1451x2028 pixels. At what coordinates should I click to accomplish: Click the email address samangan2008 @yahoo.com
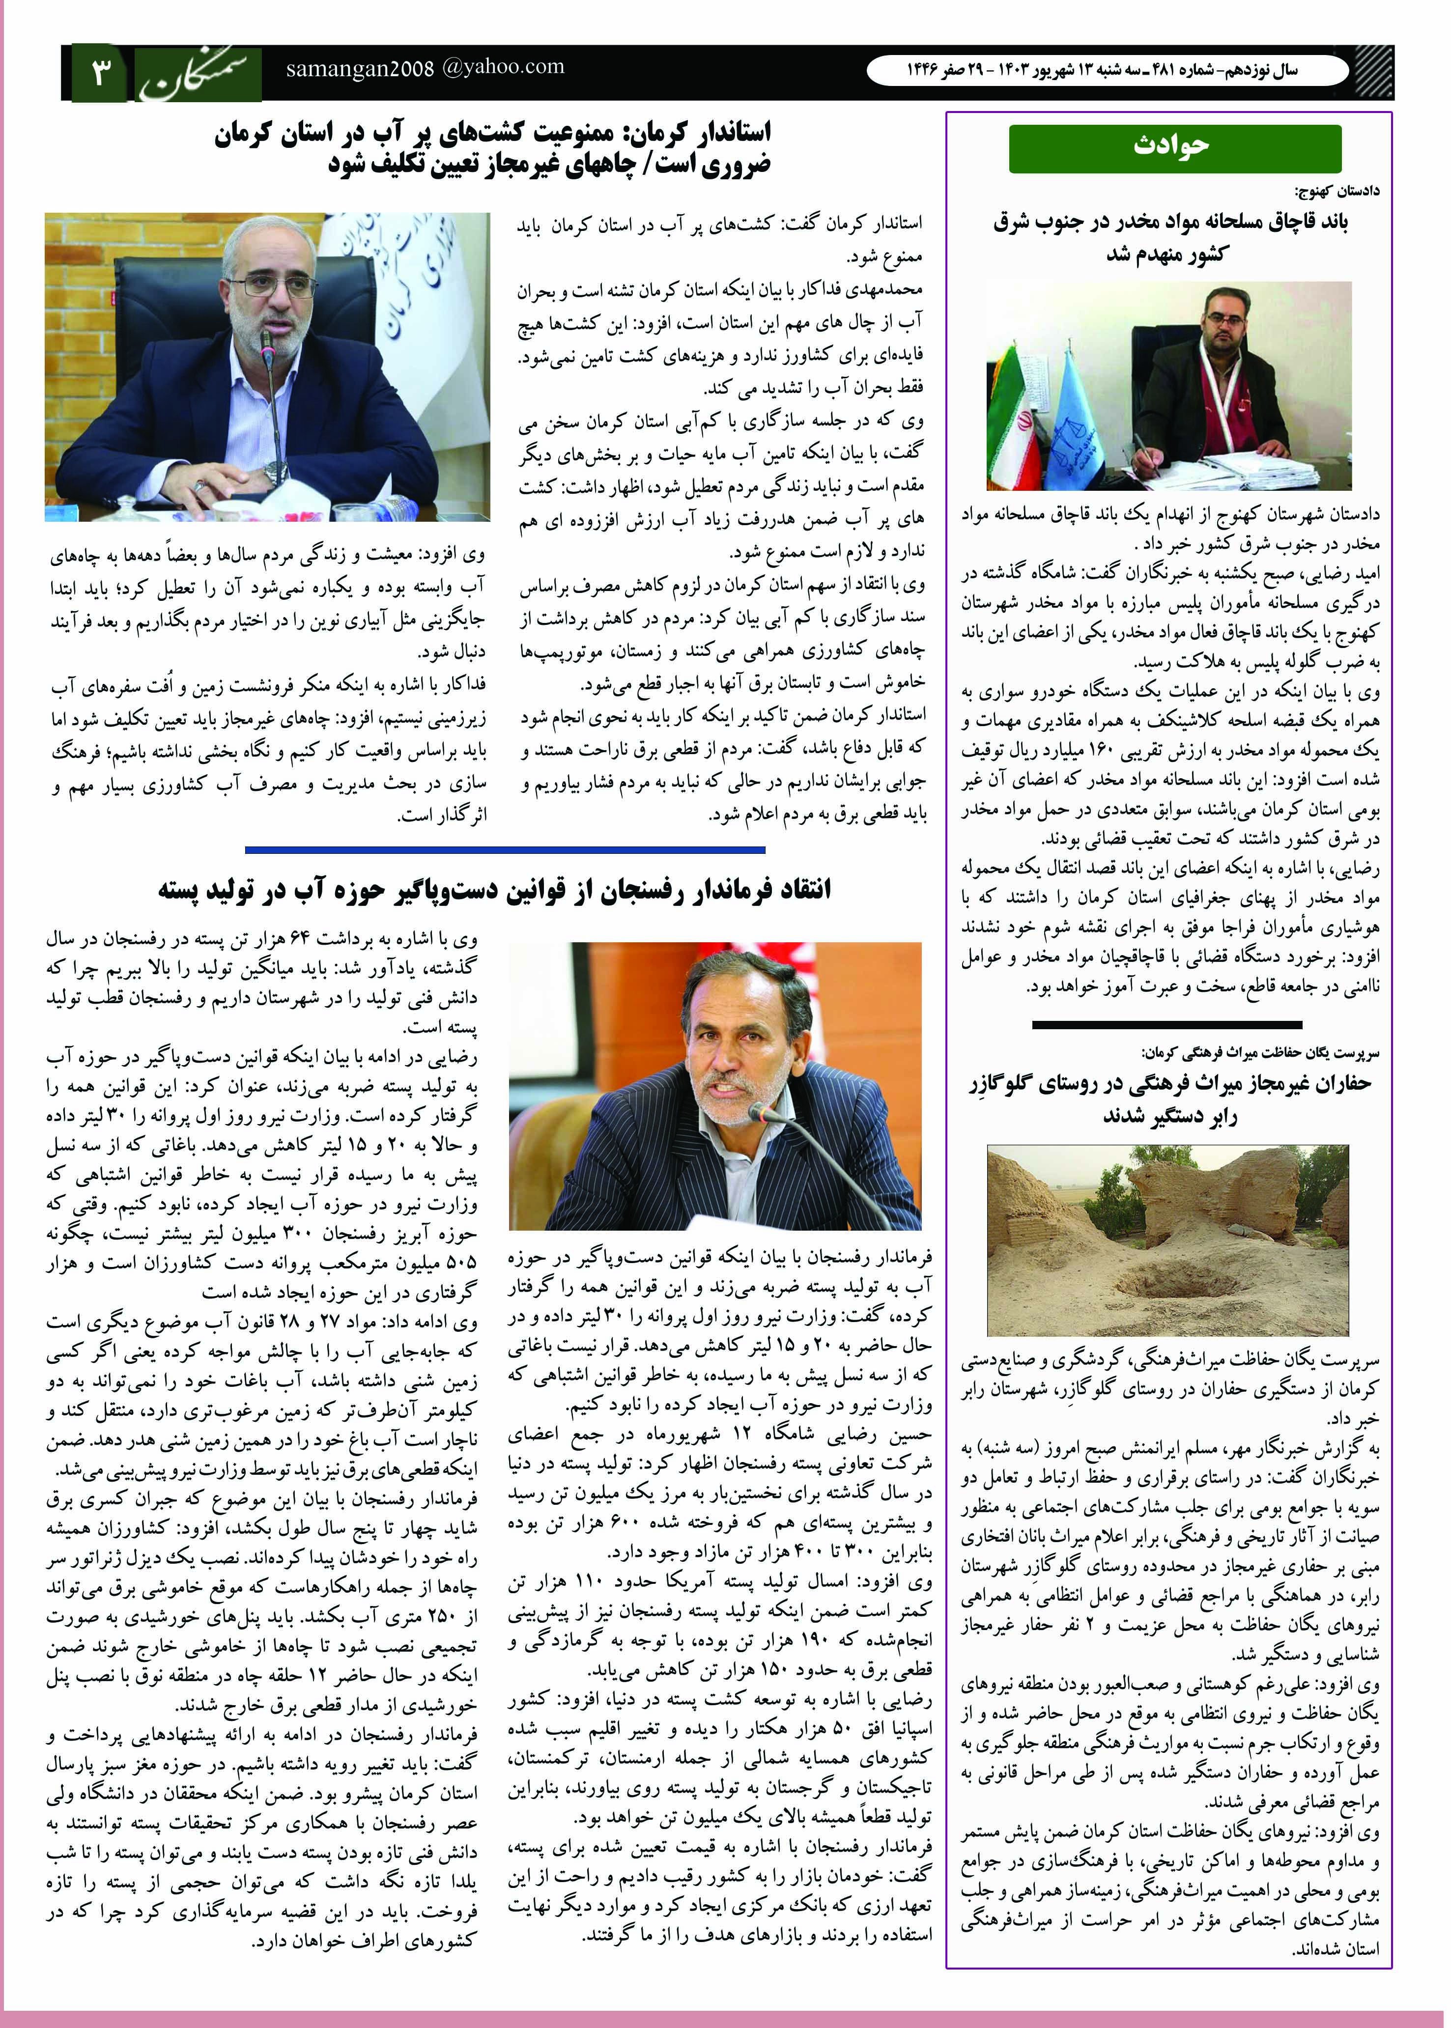pyautogui.click(x=426, y=68)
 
